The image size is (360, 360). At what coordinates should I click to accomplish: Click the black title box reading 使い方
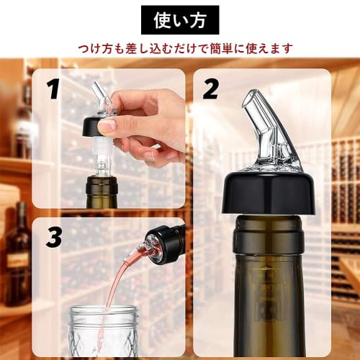179,20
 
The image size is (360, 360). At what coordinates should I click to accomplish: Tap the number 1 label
53,89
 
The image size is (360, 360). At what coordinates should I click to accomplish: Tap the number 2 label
210,89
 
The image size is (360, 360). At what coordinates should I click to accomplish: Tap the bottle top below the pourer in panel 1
101,189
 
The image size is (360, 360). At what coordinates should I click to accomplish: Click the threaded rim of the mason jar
103,314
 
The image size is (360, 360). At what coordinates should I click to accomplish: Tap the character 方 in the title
200,20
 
